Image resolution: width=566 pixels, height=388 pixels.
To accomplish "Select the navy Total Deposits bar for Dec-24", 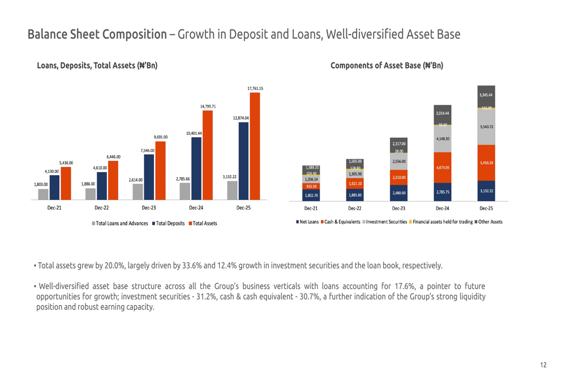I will pos(196,168).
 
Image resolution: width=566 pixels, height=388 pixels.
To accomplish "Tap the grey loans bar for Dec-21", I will pos(44,194).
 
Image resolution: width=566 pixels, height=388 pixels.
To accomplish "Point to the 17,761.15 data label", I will pos(255,88).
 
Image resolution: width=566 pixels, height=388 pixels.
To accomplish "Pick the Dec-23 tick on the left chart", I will pos(149,208).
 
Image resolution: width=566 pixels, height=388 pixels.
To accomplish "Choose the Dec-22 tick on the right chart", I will pos(355,208).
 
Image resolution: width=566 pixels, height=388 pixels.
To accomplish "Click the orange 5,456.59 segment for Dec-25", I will pos(486,163).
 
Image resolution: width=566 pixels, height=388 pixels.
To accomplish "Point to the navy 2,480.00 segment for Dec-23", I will pos(399,193).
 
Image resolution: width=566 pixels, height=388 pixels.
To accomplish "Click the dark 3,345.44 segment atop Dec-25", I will pos(486,95).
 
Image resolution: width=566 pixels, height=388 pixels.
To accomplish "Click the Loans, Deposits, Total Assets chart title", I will pos(97,66).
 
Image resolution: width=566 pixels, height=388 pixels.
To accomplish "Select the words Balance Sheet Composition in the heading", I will pos(96,34).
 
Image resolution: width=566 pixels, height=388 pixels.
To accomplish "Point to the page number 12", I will pos(543,365).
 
